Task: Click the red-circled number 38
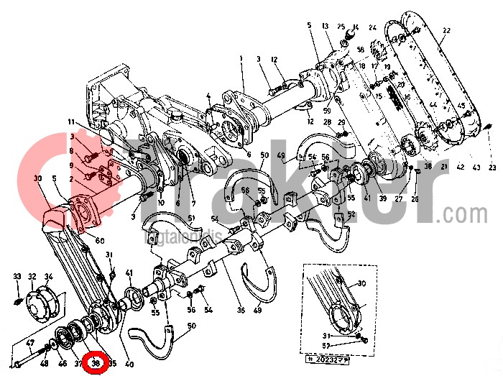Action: (x=96, y=364)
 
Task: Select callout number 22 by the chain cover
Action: (x=446, y=31)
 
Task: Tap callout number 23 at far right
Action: (x=492, y=168)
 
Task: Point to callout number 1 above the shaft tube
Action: (x=242, y=58)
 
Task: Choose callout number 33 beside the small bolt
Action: (x=17, y=276)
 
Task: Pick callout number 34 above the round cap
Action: (x=49, y=276)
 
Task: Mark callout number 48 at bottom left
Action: (x=45, y=364)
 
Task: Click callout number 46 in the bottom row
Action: (x=62, y=364)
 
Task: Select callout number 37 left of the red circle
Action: (x=78, y=364)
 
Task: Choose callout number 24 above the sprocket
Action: (x=372, y=27)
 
